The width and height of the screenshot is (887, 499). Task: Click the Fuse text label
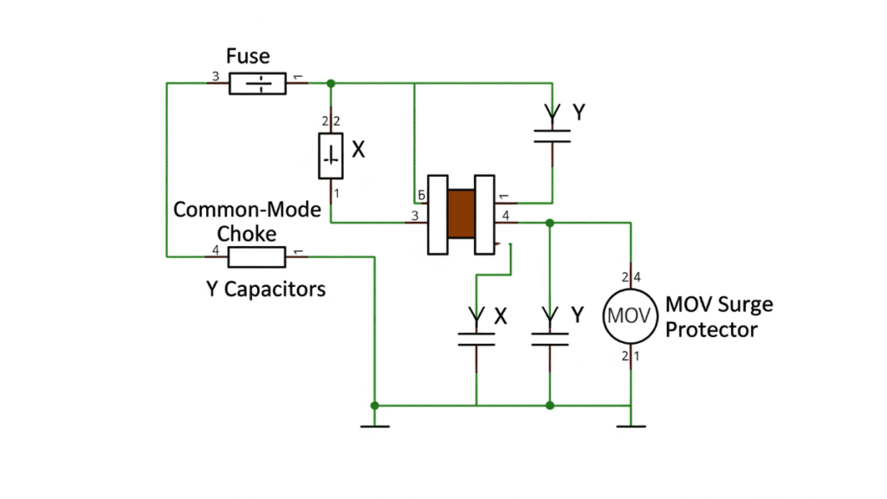(x=248, y=57)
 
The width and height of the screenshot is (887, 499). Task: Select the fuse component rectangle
(x=257, y=84)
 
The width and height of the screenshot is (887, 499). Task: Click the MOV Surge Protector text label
(x=719, y=317)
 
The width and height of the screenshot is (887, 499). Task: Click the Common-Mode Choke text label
(x=247, y=222)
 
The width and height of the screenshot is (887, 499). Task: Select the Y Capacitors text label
(x=266, y=289)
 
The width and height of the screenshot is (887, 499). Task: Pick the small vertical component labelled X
(x=331, y=157)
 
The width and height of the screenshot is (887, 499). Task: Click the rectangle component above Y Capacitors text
(x=256, y=256)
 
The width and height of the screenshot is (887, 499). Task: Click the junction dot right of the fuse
(x=330, y=84)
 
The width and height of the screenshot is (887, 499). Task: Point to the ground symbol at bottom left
(x=374, y=424)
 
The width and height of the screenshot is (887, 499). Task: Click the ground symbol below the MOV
(x=631, y=424)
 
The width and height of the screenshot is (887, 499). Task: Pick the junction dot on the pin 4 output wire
(x=549, y=223)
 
